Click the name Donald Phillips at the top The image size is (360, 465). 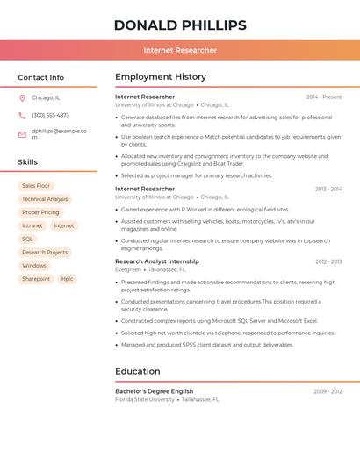(180, 25)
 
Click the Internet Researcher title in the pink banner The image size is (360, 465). (180, 50)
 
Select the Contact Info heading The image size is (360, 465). (41, 77)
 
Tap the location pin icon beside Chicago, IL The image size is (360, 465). (22, 98)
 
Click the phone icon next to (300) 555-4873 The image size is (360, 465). (22, 115)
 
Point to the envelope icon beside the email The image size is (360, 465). (22, 134)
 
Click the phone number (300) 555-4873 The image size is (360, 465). (50, 115)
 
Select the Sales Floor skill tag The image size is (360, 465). (36, 186)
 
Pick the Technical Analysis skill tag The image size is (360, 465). (45, 199)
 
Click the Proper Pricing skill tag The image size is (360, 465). (40, 212)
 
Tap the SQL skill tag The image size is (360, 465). (28, 239)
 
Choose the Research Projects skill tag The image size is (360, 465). (45, 253)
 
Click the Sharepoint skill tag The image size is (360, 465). (36, 279)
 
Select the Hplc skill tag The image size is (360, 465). (67, 279)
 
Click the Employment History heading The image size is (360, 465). (161, 77)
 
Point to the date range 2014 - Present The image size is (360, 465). (324, 97)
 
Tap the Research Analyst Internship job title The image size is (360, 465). (156, 261)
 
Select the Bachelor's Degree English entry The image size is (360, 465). (154, 391)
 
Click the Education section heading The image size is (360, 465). (138, 371)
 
